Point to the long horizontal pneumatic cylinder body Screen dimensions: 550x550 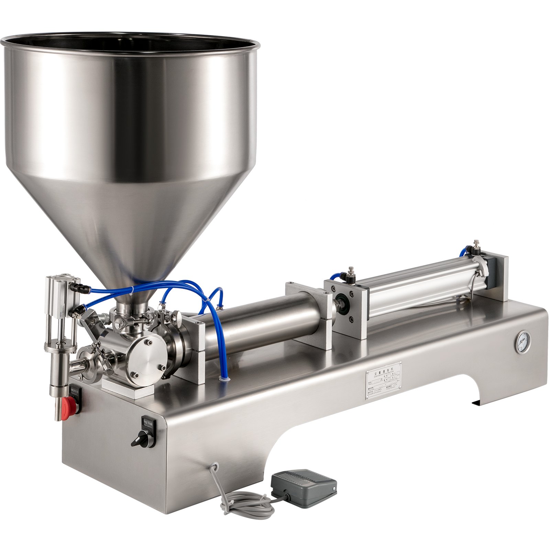click(423, 282)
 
